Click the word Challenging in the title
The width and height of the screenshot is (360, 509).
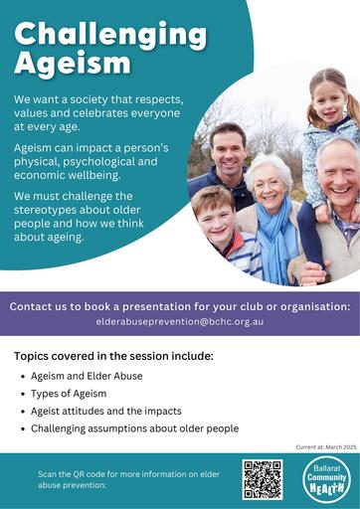click(110, 36)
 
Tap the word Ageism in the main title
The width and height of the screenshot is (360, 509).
click(73, 65)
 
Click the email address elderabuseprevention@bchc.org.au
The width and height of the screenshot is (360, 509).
click(180, 321)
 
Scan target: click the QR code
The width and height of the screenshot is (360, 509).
click(263, 479)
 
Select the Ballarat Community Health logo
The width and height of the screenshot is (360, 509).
click(327, 478)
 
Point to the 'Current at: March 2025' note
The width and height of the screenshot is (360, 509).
click(326, 447)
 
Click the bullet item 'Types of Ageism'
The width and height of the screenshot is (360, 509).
click(69, 394)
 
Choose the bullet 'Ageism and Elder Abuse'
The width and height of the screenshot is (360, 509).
click(87, 376)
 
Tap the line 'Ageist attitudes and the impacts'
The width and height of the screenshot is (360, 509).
click(106, 412)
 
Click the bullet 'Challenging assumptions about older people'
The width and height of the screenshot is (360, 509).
click(134, 428)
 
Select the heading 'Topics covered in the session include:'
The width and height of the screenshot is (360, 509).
click(113, 356)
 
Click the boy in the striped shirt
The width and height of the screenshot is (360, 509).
click(226, 232)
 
